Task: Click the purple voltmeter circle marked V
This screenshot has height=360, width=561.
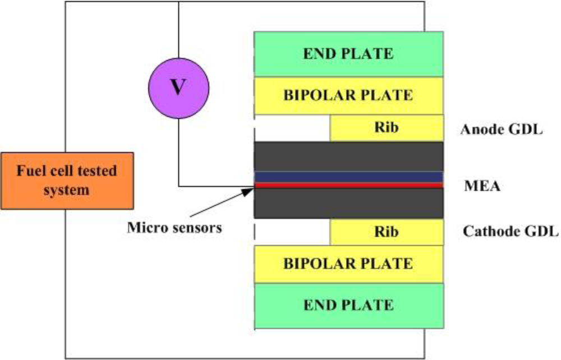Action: coord(178,89)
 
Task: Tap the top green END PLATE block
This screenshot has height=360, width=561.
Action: coord(348,54)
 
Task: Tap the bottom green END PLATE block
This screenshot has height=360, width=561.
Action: coord(348,305)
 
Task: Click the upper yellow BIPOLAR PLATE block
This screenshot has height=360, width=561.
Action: coord(348,95)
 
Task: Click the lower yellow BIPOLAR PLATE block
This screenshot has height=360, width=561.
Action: coord(348,264)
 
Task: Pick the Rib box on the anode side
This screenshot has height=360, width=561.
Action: coord(387,128)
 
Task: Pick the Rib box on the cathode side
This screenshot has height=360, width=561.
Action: coord(387,232)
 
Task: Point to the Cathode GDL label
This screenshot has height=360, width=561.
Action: coord(511,231)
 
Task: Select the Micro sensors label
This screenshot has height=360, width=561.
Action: coord(174,228)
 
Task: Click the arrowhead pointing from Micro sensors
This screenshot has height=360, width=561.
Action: coord(249,191)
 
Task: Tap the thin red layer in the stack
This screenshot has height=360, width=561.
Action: coord(348,185)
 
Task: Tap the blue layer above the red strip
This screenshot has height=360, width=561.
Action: coord(348,177)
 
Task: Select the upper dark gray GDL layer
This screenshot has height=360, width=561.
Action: coord(348,156)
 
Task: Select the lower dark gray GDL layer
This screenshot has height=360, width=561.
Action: coord(348,203)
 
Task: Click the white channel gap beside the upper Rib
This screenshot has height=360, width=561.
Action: coord(292,128)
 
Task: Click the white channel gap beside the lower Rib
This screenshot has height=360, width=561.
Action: coord(292,232)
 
